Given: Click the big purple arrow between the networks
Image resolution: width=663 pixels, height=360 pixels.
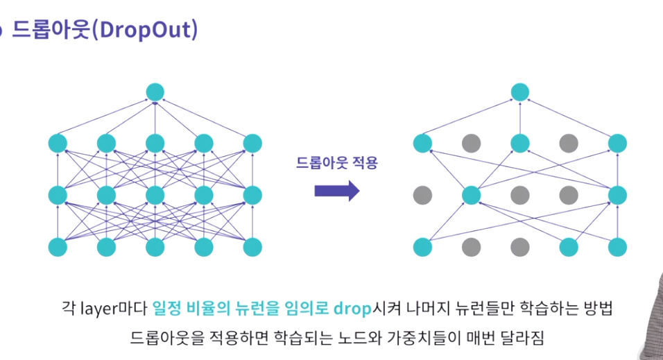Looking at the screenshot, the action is pyautogui.click(x=337, y=191).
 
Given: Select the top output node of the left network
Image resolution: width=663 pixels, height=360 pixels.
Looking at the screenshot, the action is pyautogui.click(x=155, y=92).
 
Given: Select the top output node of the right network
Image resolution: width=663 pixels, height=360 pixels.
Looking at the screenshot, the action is pyautogui.click(x=520, y=92).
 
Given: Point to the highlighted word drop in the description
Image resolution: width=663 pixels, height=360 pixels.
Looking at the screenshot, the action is pyautogui.click(x=353, y=307).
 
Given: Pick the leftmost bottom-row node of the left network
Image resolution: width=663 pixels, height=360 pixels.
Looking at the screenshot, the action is pyautogui.click(x=58, y=246).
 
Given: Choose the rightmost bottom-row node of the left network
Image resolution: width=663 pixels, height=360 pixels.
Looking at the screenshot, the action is pyautogui.click(x=252, y=246).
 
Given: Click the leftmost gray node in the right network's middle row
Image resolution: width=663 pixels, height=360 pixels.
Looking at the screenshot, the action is pyautogui.click(x=422, y=195).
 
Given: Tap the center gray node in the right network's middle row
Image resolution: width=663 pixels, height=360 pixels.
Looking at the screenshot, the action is pyautogui.click(x=520, y=195).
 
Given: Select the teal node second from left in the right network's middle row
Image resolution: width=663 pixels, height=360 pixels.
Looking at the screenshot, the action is pyautogui.click(x=472, y=195).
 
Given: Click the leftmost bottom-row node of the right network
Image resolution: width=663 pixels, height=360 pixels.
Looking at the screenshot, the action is pyautogui.click(x=422, y=246).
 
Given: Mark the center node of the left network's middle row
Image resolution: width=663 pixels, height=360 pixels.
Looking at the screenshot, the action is pyautogui.click(x=155, y=195).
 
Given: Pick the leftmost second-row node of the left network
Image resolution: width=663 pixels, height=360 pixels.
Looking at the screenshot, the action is pyautogui.click(x=58, y=144).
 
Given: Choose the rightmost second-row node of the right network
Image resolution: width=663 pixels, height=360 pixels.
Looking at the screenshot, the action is pyautogui.click(x=617, y=144).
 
